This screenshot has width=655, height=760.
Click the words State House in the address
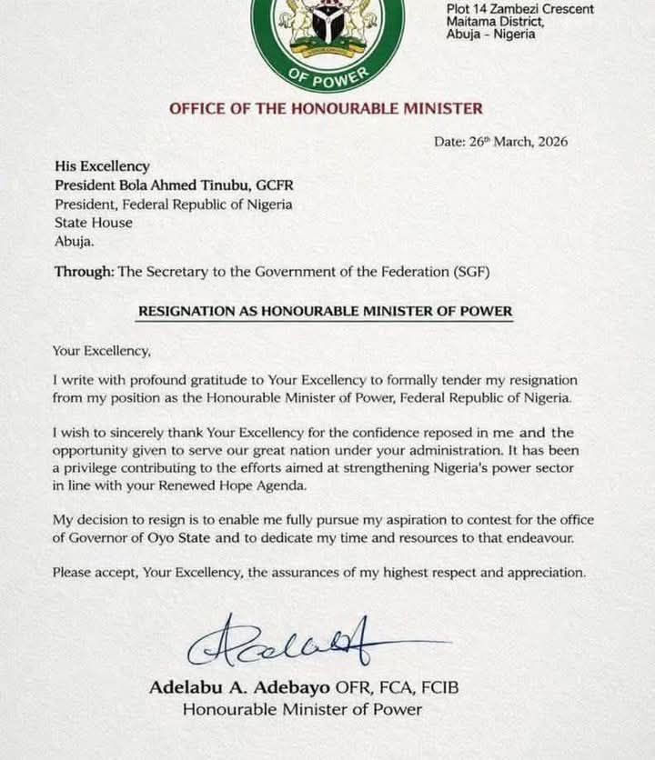(93, 223)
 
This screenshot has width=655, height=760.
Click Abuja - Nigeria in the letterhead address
(491, 35)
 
